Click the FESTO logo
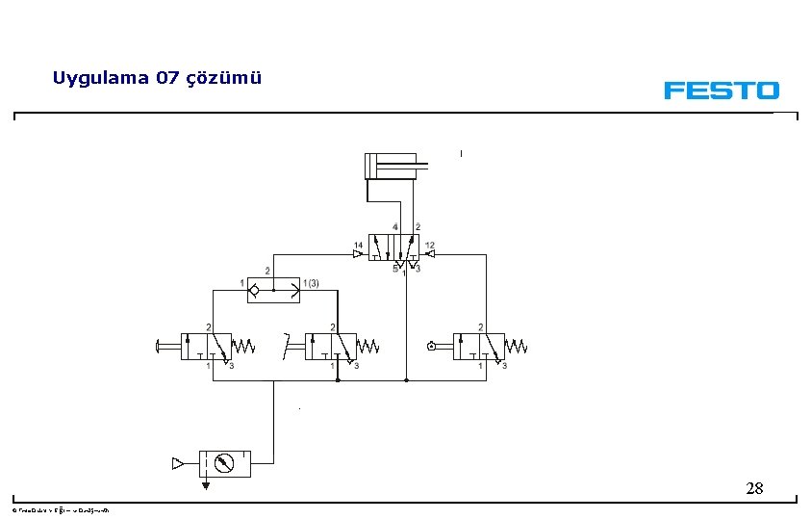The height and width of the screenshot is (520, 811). pos(721,91)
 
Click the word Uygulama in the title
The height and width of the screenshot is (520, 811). pos(99,78)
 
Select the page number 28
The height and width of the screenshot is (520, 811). pos(754,489)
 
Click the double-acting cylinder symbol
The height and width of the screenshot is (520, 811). pos(390,166)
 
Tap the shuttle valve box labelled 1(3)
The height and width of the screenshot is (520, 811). pos(273,289)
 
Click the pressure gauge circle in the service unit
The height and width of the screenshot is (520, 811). pos(223,463)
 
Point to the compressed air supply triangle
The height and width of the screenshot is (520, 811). pos(177,463)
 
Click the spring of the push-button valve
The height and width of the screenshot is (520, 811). pos(243,346)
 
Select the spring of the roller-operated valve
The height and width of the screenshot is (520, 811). pos(517,346)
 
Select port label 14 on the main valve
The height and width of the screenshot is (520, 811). pos(358,246)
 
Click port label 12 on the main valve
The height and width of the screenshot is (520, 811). pos(429,246)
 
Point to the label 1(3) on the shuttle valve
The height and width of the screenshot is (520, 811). pos(310,283)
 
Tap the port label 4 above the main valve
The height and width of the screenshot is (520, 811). pos(394,227)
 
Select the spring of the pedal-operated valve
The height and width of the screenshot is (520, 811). pos(368,346)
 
